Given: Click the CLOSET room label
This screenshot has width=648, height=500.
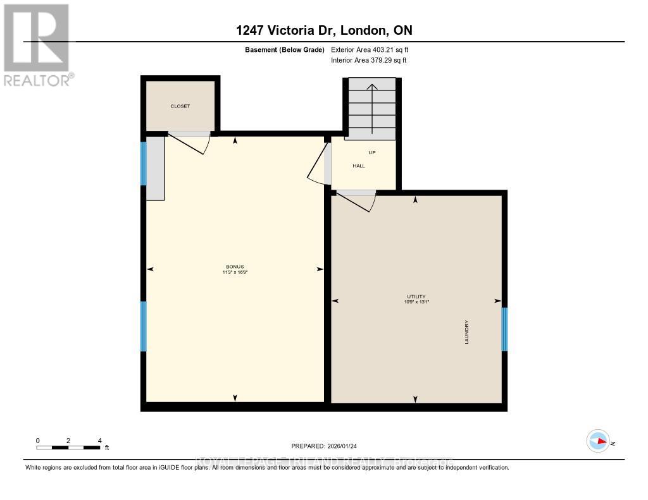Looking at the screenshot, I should point(180,106).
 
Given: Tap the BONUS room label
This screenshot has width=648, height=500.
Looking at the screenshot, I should point(235,267).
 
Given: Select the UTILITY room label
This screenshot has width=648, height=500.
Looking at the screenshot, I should point(416,296).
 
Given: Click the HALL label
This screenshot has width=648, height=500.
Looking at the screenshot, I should point(359,166).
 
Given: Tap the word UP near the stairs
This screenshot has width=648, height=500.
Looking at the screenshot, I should point(372,152).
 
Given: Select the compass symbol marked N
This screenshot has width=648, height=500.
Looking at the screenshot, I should point(598,441).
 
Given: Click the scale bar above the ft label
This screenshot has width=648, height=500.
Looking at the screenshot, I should point(68,448).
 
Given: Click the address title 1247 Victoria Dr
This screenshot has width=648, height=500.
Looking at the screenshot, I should point(324,30).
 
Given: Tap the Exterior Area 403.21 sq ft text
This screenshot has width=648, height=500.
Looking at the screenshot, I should point(374,49).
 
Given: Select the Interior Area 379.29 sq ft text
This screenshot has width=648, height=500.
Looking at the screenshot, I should point(368,60).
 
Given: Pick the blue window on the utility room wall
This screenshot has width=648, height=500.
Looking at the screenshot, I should point(504,329).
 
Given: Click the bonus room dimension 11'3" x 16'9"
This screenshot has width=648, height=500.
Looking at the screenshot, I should point(235,272).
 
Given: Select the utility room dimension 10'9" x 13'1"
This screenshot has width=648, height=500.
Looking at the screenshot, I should point(416,302).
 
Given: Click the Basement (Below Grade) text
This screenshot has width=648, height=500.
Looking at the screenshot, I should point(284,49).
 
